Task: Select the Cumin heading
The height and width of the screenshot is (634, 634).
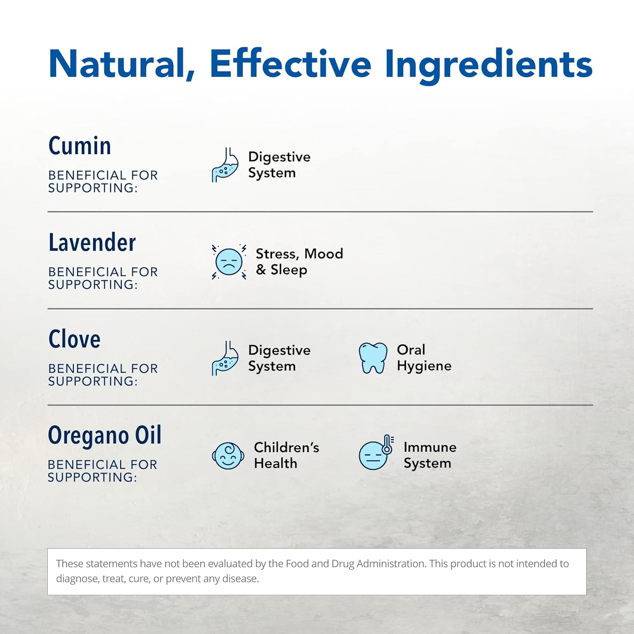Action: click(80, 146)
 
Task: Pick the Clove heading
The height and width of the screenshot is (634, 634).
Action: click(74, 339)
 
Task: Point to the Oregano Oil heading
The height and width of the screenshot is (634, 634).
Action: click(105, 436)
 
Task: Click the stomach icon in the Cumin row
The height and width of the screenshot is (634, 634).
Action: click(225, 165)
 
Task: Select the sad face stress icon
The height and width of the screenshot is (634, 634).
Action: click(229, 262)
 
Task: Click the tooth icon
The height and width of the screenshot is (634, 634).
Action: click(373, 358)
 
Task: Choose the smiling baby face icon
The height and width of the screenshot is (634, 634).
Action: click(228, 456)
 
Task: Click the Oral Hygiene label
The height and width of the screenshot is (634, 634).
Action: click(424, 358)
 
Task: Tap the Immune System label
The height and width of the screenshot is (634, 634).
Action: click(430, 455)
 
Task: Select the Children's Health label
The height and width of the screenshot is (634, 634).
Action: click(287, 455)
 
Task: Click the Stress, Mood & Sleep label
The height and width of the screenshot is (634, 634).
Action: click(299, 262)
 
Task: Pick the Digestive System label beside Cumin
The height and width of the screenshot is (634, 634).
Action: click(279, 165)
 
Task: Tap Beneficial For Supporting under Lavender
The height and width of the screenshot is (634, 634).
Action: click(103, 278)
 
